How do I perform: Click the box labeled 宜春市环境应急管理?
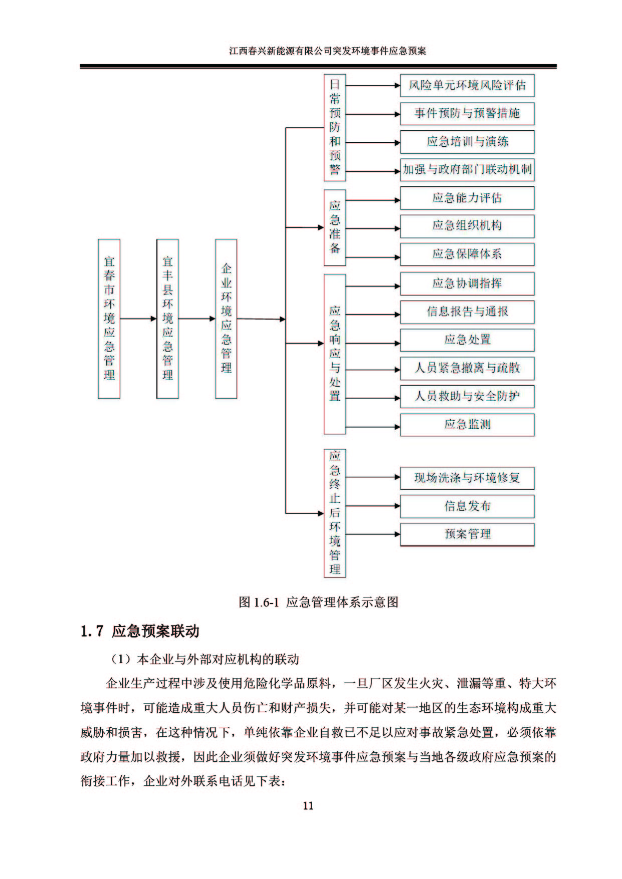coord(109,319)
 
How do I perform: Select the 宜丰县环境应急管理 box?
coord(167,319)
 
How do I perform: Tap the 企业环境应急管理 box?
coord(226,319)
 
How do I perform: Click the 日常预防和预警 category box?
coord(335,128)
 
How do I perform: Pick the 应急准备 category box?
coord(335,227)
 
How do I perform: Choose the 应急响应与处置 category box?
coord(335,354)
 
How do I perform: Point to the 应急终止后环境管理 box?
coord(335,513)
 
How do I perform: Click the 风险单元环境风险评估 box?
coord(467,86)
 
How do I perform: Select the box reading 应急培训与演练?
coord(467,142)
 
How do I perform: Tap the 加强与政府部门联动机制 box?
coord(467,170)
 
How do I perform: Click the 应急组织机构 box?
coord(467,226)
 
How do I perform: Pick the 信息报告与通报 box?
coord(467,312)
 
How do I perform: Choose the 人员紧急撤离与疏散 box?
coord(467,368)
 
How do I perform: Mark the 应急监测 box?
coord(467,425)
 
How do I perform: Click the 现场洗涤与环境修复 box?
coord(467,478)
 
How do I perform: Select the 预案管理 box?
coord(467,534)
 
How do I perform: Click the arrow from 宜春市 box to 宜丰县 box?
coord(138,319)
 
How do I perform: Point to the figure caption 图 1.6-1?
coord(318,602)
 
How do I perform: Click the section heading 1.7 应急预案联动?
coord(140,631)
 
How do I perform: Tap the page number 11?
coord(308,805)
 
